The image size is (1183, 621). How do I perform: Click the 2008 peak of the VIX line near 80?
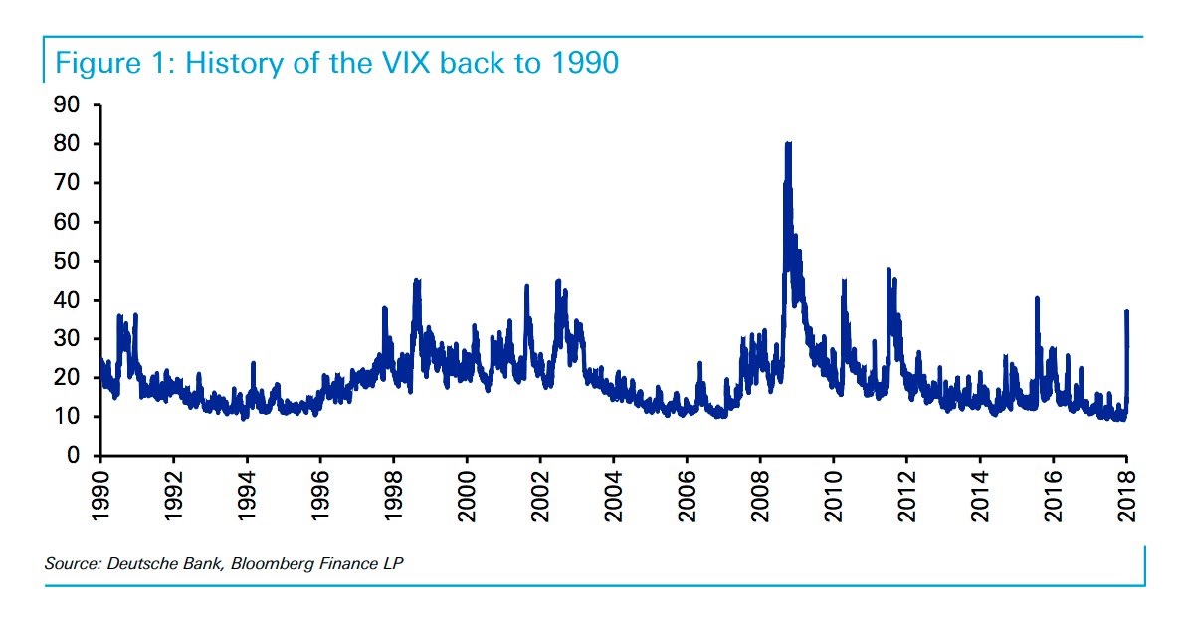pyautogui.click(x=788, y=145)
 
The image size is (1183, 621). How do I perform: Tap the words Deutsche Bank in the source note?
pyautogui.click(x=161, y=564)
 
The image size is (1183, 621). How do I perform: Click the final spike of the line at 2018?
pyautogui.click(x=1126, y=312)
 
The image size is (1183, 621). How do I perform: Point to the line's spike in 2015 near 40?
pyautogui.click(x=1037, y=299)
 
